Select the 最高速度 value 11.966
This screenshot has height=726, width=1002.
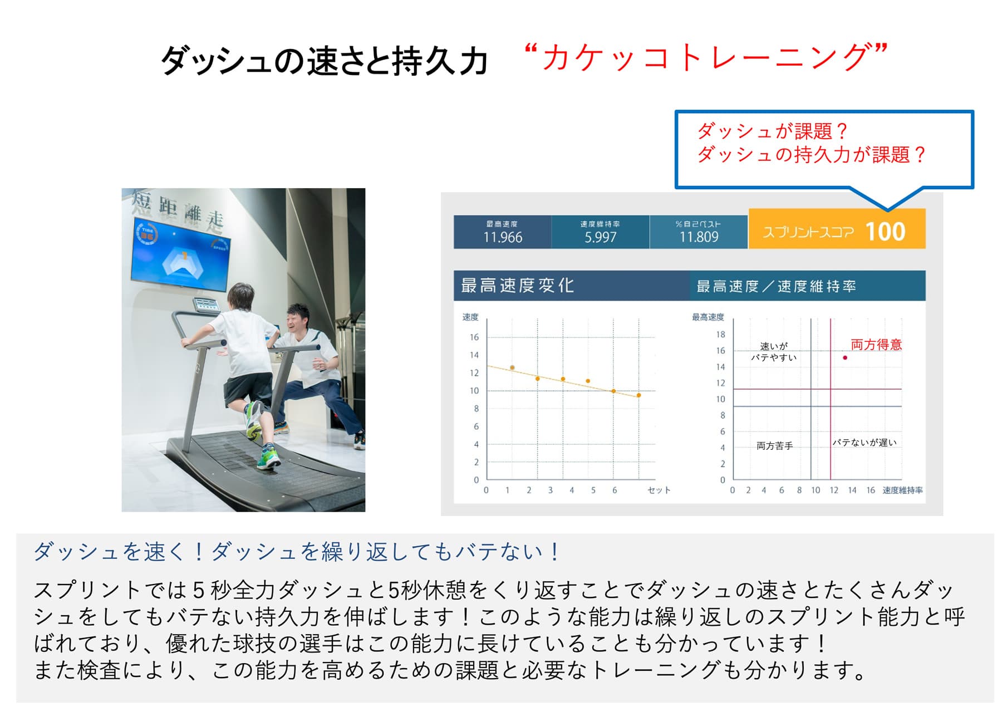coord(503,237)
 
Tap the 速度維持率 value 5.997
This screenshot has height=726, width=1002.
coord(600,237)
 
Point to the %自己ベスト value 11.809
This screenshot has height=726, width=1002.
coord(699,237)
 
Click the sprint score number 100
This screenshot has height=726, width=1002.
coord(885,232)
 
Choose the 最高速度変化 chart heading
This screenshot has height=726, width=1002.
coord(517,286)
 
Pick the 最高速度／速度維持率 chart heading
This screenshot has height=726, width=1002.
coord(776,286)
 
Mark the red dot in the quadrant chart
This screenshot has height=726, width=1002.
coord(845,357)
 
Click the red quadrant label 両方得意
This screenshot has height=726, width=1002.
coord(876,345)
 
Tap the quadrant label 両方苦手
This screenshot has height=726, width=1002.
coord(774,445)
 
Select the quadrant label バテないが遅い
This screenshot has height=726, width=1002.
coord(865,442)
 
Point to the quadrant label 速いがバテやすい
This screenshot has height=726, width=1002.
coord(774,352)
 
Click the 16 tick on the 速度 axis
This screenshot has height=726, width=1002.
coord(474,337)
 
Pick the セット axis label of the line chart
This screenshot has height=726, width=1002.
coord(659,490)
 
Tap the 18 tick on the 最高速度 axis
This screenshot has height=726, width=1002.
coord(720,334)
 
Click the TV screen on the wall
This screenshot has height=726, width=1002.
coord(181,254)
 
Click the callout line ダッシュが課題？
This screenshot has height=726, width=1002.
coord(772,131)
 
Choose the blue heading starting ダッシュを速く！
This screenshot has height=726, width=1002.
coord(297,551)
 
